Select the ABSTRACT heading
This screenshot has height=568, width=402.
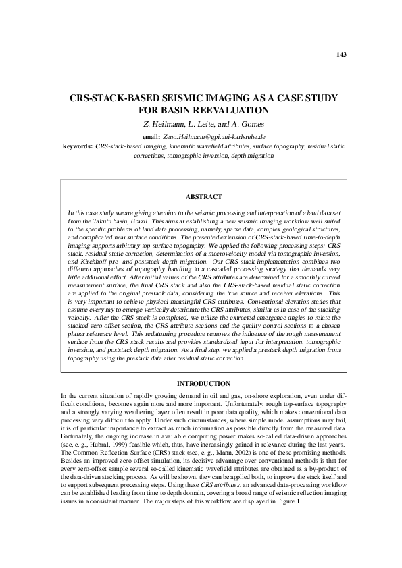coord(203,196)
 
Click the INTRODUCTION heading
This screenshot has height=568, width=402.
coord(203,384)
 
